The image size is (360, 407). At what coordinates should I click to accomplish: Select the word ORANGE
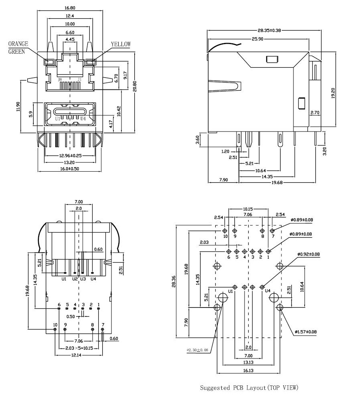[18, 44]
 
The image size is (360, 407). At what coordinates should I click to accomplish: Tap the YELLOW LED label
[121, 45]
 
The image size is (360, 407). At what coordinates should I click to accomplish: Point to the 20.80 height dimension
[136, 86]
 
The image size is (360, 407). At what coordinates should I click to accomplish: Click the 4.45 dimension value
[70, 39]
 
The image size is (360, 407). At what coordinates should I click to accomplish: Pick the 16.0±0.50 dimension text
[70, 169]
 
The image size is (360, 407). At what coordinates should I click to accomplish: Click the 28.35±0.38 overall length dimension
[263, 30]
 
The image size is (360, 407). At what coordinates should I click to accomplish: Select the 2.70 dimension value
[315, 113]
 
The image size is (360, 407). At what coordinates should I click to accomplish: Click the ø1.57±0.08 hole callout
[305, 332]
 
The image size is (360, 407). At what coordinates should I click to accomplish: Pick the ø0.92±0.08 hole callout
[308, 254]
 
